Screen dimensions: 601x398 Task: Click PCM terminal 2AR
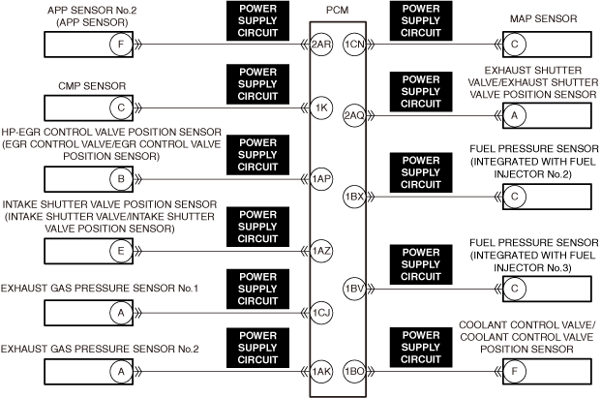(321, 45)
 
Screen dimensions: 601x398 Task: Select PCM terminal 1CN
(354, 45)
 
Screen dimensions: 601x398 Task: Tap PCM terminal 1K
(321, 107)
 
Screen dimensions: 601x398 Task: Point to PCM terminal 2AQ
(354, 115)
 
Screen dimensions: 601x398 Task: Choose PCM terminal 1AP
(321, 179)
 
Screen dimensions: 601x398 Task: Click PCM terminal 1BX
(354, 197)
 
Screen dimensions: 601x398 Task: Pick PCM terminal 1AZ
(321, 251)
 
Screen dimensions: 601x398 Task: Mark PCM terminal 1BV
(354, 289)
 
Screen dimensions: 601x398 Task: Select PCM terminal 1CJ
(321, 313)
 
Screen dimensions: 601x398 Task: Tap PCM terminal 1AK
(321, 372)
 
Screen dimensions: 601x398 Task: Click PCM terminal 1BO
(354, 372)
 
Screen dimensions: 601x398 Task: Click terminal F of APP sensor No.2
(121, 45)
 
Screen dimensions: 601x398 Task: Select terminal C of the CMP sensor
(121, 107)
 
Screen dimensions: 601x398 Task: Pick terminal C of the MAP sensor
(514, 45)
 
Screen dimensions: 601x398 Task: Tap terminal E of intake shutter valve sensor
(121, 251)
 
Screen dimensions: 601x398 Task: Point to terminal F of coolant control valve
(514, 372)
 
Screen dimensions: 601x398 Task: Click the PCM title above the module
(338, 11)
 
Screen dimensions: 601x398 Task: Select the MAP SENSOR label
(544, 18)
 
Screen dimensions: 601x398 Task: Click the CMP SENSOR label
(92, 86)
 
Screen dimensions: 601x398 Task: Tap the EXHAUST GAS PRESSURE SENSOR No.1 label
(100, 289)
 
